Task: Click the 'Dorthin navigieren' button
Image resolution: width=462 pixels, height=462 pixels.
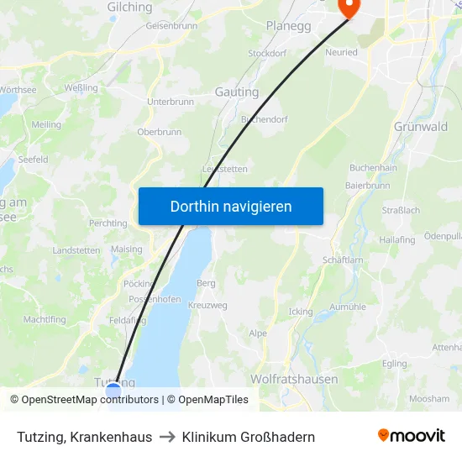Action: coord(231,206)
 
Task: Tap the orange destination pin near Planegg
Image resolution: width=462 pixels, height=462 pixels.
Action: coord(348,8)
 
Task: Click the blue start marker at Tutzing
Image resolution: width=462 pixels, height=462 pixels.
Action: coord(113,390)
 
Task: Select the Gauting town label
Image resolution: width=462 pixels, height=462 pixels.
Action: coord(237,92)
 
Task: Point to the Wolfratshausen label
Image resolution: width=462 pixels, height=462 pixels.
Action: coord(294,379)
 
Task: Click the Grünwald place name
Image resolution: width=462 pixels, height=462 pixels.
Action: coord(420,127)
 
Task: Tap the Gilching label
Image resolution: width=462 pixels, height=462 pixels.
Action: coord(130,8)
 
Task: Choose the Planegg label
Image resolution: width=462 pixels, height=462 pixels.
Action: coord(288,26)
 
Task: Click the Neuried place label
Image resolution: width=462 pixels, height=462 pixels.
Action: coord(341,52)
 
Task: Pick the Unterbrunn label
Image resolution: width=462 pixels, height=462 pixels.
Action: coord(171,102)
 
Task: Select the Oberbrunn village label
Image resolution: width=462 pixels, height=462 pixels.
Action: coord(160,132)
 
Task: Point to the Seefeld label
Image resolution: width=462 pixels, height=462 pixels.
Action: coord(33,159)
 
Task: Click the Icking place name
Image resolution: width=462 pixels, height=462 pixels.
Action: coord(300,312)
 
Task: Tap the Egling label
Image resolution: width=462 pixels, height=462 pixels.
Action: coord(394,364)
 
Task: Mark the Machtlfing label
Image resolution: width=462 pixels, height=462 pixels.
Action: coord(45,320)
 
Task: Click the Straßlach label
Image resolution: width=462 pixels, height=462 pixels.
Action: coord(401,210)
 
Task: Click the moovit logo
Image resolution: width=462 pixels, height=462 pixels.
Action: coord(412,436)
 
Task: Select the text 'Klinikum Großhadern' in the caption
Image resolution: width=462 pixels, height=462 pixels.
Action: coord(249,437)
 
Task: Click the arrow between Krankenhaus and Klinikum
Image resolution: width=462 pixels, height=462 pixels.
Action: coord(167,437)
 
